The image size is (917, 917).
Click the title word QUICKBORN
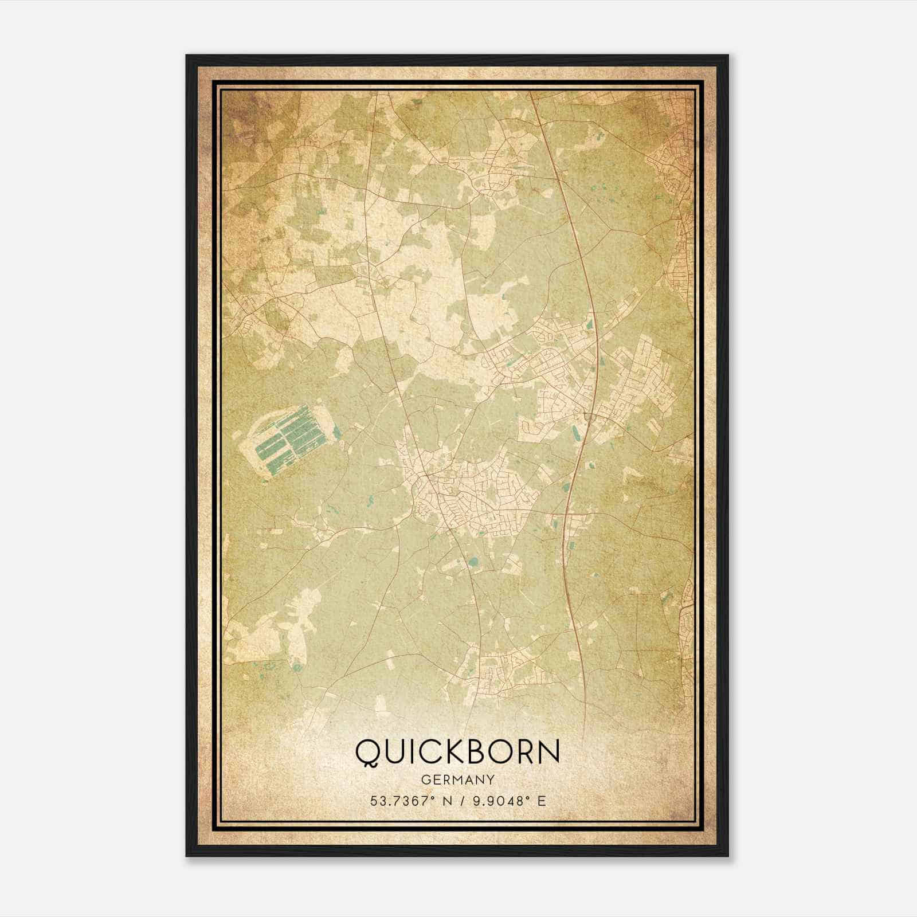(457, 752)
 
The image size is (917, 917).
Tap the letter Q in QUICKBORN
(367, 753)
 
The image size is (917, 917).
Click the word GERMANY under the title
(457, 779)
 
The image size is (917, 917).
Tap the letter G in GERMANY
(425, 779)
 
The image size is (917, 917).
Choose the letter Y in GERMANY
(491, 779)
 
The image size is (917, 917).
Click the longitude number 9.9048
(494, 801)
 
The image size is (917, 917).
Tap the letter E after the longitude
(542, 801)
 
